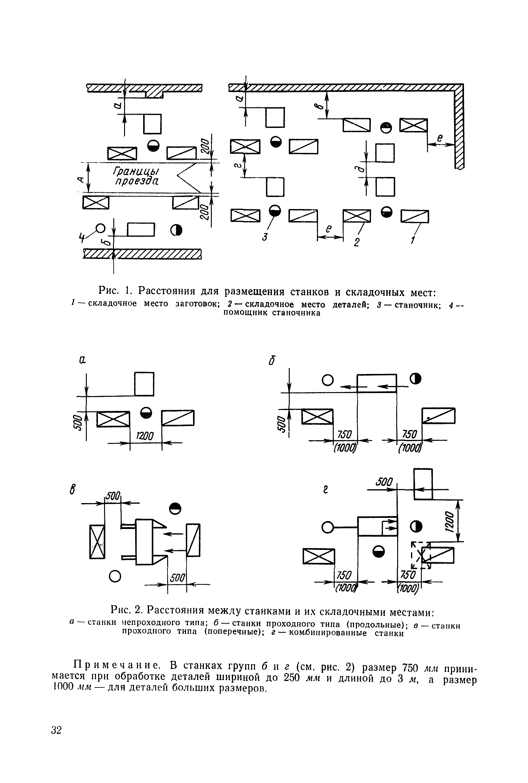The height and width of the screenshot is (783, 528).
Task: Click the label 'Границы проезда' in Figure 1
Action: pyautogui.click(x=137, y=176)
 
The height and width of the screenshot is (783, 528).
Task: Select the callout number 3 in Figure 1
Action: pyautogui.click(x=265, y=237)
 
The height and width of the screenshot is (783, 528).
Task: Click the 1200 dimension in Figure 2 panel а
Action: pyautogui.click(x=145, y=436)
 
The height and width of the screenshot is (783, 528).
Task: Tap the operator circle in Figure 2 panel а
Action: pyautogui.click(x=146, y=413)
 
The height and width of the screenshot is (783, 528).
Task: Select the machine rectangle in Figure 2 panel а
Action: pyautogui.click(x=144, y=384)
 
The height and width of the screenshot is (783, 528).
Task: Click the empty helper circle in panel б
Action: pyautogui.click(x=328, y=380)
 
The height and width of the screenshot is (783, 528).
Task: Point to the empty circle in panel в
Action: pyautogui.click(x=115, y=576)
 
